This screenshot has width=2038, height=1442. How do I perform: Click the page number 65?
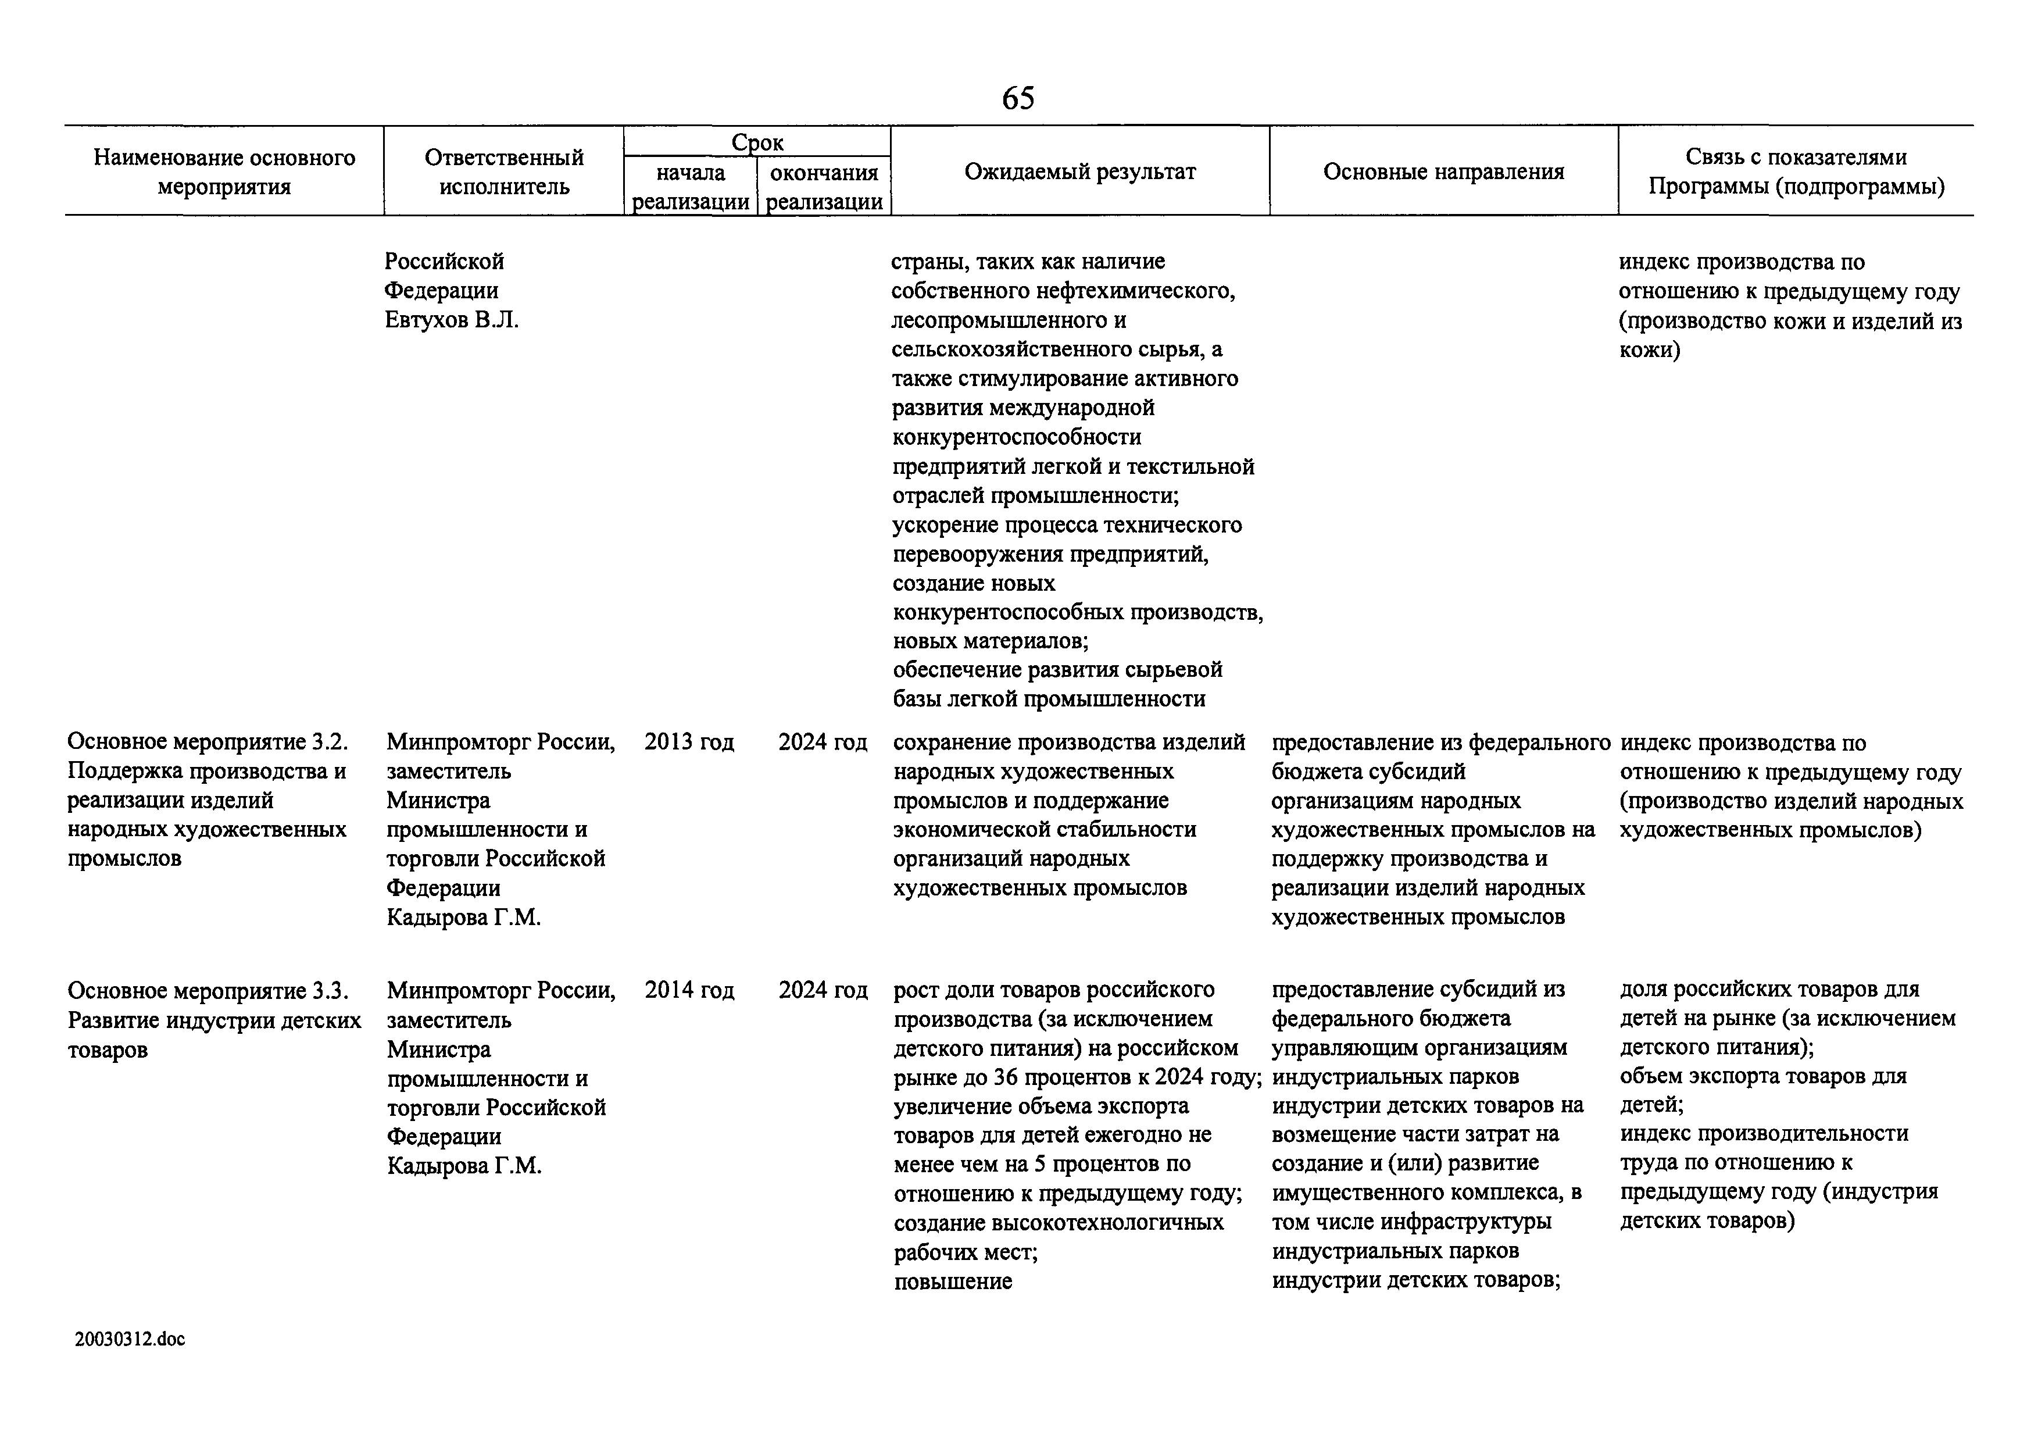click(x=1018, y=98)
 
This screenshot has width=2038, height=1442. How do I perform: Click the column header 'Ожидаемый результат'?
click(x=1079, y=172)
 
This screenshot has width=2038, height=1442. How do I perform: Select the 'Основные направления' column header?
click(x=1443, y=172)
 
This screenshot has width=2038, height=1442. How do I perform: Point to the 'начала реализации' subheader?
click(x=691, y=187)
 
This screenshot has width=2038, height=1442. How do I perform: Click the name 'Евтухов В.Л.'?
click(x=452, y=320)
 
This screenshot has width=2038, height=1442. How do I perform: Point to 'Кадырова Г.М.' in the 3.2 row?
click(x=463, y=917)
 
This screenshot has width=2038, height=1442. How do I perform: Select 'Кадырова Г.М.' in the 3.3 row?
click(x=463, y=1165)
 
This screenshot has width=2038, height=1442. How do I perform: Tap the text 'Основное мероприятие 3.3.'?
click(x=208, y=990)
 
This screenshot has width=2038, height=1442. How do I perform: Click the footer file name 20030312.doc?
click(x=130, y=1339)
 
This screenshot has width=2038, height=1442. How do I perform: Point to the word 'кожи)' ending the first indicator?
click(x=1649, y=350)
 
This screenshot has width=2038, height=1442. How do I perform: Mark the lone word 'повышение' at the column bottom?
click(x=952, y=1282)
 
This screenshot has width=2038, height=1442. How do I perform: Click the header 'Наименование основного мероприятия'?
click(x=224, y=172)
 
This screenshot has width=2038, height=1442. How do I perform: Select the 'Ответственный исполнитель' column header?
click(x=504, y=172)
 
